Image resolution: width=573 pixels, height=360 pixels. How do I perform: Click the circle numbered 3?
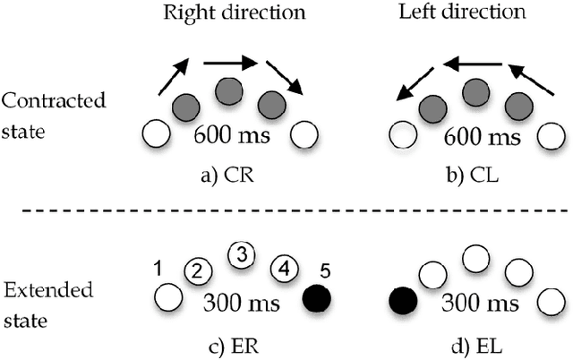point(241,254)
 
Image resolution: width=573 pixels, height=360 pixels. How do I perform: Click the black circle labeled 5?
point(317,296)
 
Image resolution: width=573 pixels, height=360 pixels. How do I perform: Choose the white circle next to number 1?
point(164,296)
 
